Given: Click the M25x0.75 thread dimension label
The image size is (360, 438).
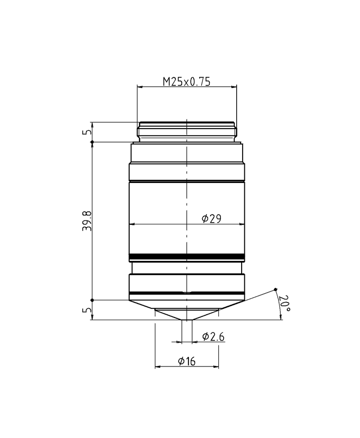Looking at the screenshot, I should tap(186, 81).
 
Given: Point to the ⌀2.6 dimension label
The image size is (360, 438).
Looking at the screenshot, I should tap(213, 337).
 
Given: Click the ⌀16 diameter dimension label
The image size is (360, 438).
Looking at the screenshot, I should tap(186, 361).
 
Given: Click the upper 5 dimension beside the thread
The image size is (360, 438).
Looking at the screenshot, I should tap(88, 132).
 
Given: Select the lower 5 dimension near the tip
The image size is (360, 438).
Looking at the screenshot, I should tap(88, 310).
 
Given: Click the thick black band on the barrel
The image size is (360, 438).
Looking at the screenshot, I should tap(187, 257).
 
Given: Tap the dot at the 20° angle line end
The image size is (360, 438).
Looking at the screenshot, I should tap(275, 289).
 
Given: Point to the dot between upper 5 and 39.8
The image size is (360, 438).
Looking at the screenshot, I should tap(92, 142).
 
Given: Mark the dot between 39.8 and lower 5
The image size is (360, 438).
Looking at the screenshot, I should tap(92, 300).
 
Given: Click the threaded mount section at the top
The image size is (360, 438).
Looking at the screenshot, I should tap(187, 131).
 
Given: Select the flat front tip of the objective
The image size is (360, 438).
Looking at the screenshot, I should tap(186, 319).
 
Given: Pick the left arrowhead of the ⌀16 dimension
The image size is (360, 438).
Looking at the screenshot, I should tap(157, 367).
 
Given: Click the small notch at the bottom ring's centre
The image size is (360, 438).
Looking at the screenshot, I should tap(186, 292).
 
